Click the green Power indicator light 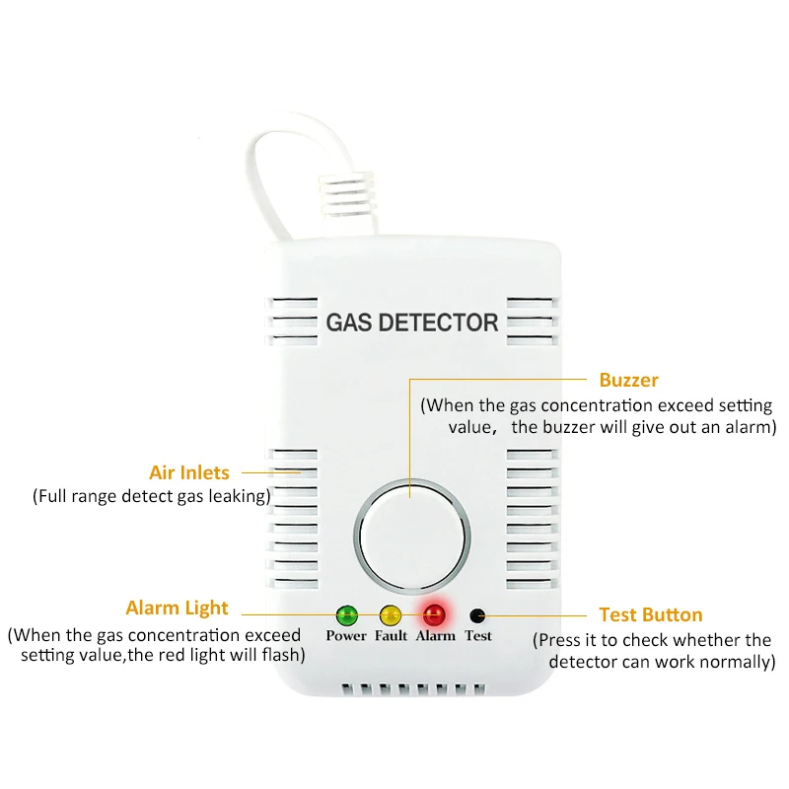[x=346, y=616]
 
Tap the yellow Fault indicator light [x=391, y=616]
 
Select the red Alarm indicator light [x=434, y=616]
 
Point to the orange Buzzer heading [x=628, y=380]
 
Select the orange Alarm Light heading [x=177, y=608]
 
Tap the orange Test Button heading [x=651, y=614]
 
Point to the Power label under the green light [x=346, y=636]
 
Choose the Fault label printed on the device [x=391, y=636]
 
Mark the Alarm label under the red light [x=435, y=636]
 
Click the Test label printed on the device [x=478, y=636]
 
